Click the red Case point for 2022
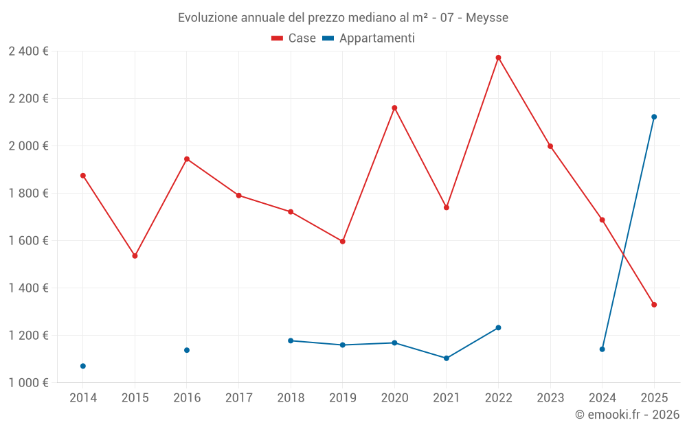point(498,58)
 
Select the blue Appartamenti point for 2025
point(654,117)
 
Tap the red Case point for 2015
point(135,256)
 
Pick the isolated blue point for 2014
point(83,366)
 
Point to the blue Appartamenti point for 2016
point(187,350)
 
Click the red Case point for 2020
point(394,108)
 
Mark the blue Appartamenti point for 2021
point(447,358)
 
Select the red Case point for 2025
point(654,305)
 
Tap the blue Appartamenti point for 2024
point(602,349)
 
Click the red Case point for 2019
point(342,242)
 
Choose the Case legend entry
point(294,38)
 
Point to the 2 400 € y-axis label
point(28,51)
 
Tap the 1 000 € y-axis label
point(28,383)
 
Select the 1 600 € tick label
point(28,241)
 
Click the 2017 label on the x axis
point(238,398)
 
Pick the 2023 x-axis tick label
point(550,398)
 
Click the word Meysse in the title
point(487,18)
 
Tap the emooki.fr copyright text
point(627,415)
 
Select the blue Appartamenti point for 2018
point(291,340)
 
